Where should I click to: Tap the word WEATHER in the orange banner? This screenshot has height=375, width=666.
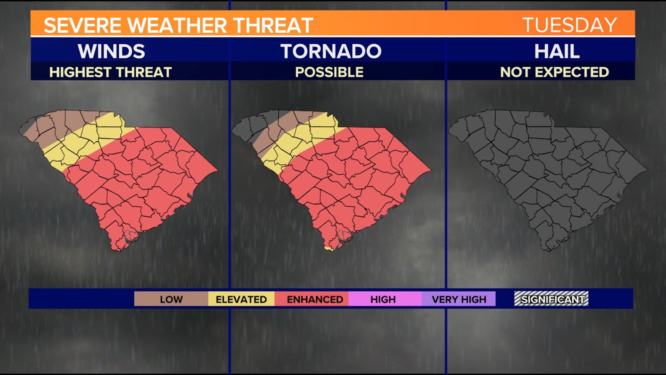177,26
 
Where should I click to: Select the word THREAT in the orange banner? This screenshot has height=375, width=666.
273,26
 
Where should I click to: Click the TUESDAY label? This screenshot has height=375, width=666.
569,25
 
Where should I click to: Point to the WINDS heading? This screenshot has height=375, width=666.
111,51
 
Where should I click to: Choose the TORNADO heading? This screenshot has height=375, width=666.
331,51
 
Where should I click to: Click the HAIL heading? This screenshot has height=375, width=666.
557,51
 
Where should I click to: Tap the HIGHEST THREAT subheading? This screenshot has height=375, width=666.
111,72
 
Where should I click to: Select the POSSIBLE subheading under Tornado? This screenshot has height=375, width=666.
329,72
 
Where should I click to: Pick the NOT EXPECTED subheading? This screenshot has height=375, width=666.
554,72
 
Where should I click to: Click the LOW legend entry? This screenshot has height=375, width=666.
171,299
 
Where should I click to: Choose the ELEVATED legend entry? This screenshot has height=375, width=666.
241,299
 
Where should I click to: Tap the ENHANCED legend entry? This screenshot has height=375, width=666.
315,299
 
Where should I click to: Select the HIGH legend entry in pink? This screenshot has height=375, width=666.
383,299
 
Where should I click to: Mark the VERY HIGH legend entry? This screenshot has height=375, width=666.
459,299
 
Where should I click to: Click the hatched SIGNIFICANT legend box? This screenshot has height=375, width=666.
551,299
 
